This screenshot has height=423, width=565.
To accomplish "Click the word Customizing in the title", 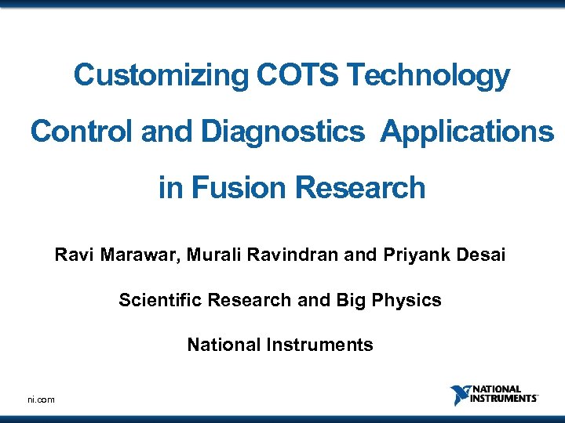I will tap(161, 76).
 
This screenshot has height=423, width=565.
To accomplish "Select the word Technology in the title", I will tap(428, 76).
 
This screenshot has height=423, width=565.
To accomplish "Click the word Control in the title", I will tap(82, 132).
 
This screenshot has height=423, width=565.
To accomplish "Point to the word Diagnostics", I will tap(282, 132).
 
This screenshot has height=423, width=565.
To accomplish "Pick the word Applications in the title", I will tap(467, 132).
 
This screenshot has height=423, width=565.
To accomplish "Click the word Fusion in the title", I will tap(240, 188).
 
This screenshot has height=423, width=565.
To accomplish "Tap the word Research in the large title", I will tap(361, 188).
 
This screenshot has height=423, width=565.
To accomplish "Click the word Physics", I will tap(412, 300).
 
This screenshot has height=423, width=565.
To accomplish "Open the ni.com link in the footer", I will tap(41, 399).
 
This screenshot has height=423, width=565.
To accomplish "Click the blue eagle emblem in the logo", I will tap(459, 396).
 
